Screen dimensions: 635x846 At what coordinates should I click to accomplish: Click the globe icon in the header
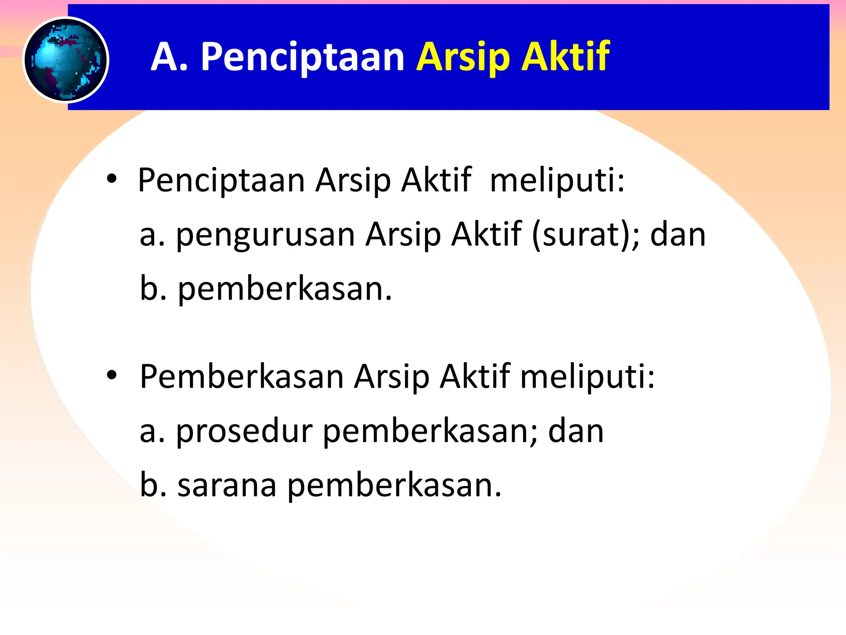point(66,60)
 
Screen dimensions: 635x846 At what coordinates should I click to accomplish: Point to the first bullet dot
point(112,179)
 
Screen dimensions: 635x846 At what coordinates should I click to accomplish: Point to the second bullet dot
point(112,375)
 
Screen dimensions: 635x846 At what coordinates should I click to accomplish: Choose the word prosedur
point(244,431)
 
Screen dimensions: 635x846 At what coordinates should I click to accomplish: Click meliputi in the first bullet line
point(557,180)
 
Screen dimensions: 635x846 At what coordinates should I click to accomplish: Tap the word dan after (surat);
point(678,235)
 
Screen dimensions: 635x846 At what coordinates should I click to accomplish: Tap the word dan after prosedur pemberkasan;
point(576,431)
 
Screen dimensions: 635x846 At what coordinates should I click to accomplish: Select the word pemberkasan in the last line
point(394,486)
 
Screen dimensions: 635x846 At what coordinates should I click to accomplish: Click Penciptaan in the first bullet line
point(221,180)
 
